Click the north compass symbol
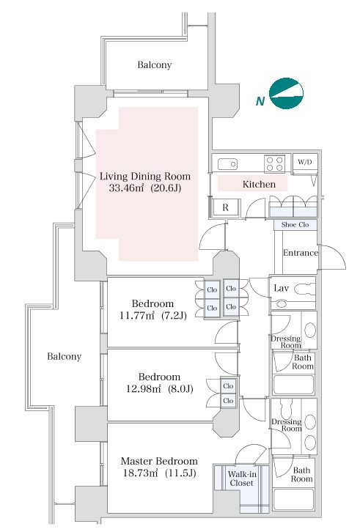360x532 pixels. coord(286,93)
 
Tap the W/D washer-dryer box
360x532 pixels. coord(305,162)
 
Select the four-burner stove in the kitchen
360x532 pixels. coord(274,163)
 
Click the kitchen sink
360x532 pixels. coord(227,164)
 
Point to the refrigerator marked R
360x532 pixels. coord(226,207)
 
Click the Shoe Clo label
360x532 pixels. coord(295,225)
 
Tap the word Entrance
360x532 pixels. coord(300,253)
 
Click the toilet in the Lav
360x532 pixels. coord(304,289)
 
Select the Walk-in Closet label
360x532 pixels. coord(242,479)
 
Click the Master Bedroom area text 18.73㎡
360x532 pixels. coord(140,473)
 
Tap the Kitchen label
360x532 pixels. coord(259,184)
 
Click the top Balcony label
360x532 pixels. coord(154,64)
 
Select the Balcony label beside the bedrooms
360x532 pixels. coord(65,357)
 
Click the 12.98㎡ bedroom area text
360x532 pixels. coord(143,389)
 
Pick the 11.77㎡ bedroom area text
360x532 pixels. coord(137,316)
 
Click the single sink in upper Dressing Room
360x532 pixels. coord(309,330)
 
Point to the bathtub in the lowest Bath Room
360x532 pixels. coord(294,499)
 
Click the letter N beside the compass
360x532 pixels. coord(260,101)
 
